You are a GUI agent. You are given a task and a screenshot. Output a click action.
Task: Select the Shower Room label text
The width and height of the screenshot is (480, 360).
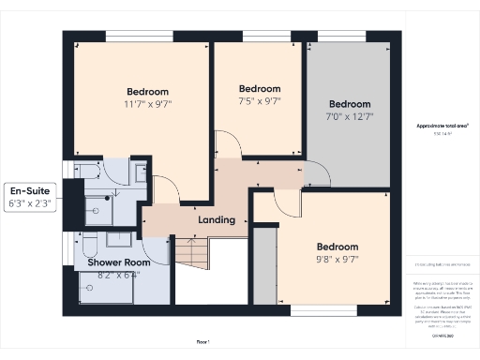[x=119, y=262]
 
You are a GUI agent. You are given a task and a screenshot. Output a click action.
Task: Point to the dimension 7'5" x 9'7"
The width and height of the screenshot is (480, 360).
[x=260, y=100]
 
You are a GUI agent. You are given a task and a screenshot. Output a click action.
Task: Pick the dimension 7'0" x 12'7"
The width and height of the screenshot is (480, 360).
[x=349, y=116]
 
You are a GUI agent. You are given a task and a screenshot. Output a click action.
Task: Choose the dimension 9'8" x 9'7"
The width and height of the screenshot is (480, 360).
[x=337, y=259]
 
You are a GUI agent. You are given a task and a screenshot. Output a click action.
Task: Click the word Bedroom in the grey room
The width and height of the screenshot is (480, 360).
[x=349, y=103]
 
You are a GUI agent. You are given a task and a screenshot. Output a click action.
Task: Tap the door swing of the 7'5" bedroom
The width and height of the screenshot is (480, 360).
[x=229, y=145]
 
